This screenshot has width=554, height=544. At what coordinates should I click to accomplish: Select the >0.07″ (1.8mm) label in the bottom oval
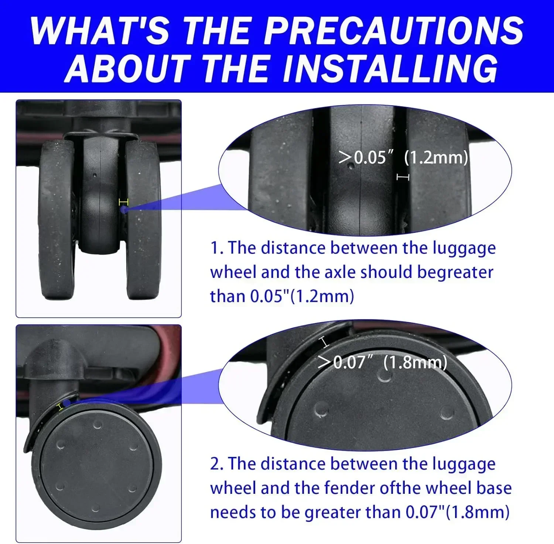click(383, 362)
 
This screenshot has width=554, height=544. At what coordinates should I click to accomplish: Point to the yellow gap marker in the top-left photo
click(123, 202)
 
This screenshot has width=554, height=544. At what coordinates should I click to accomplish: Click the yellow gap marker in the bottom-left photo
click(60, 407)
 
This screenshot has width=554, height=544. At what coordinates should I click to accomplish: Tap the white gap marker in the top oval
click(403, 178)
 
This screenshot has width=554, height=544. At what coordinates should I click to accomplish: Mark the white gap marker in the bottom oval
click(324, 342)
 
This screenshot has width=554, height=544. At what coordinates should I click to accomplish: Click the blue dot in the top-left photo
click(123, 210)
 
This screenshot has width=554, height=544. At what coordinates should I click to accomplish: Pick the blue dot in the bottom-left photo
click(66, 403)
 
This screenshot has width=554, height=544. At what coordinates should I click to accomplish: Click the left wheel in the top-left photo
click(57, 220)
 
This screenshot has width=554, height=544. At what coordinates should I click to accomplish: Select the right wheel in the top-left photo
click(143, 220)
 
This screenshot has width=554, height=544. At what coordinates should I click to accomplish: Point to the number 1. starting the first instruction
click(217, 248)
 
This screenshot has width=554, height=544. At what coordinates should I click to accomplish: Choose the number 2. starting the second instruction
click(217, 464)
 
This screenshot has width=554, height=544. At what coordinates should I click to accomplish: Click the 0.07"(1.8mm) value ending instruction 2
click(458, 512)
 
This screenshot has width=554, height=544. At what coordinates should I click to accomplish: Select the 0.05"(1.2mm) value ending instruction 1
click(302, 296)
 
